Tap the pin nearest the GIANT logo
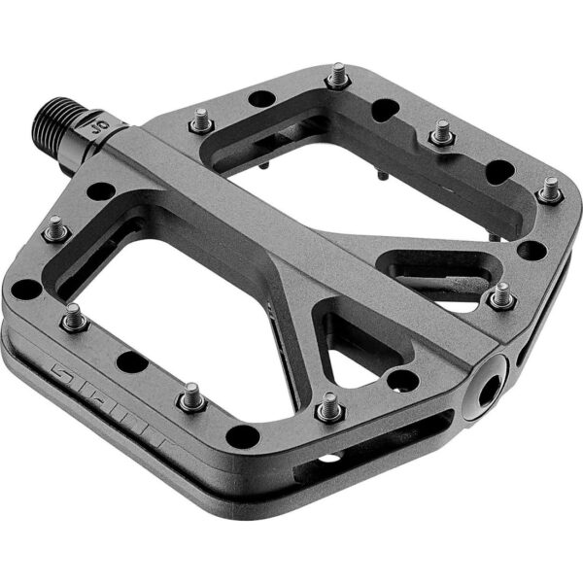74,316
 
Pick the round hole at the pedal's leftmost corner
25,289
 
